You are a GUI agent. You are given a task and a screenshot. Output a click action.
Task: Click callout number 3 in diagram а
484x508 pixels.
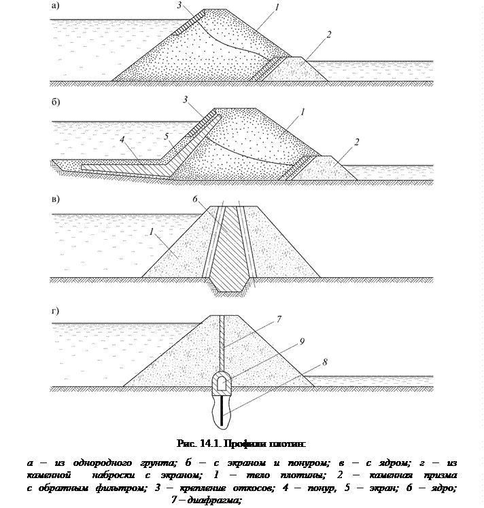(x=178, y=6)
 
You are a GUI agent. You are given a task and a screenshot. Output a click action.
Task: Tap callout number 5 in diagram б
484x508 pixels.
(x=166, y=137)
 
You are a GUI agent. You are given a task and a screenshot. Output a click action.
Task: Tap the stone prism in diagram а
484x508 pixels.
(x=299, y=69)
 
